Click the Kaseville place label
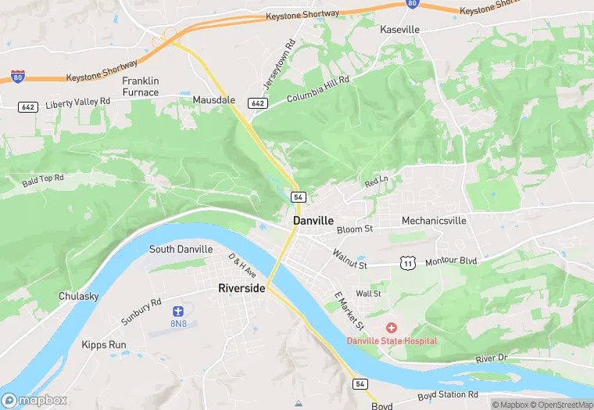click(x=399, y=30)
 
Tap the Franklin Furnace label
click(x=141, y=87)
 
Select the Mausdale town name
click(x=213, y=100)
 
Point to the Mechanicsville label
click(x=434, y=221)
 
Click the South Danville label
click(x=181, y=249)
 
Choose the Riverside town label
click(x=242, y=289)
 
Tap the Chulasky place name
click(x=79, y=297)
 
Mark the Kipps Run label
click(x=104, y=344)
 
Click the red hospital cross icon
click(x=392, y=327)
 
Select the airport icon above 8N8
click(x=178, y=311)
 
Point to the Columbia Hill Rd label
click(x=317, y=88)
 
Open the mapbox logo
click(x=35, y=399)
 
